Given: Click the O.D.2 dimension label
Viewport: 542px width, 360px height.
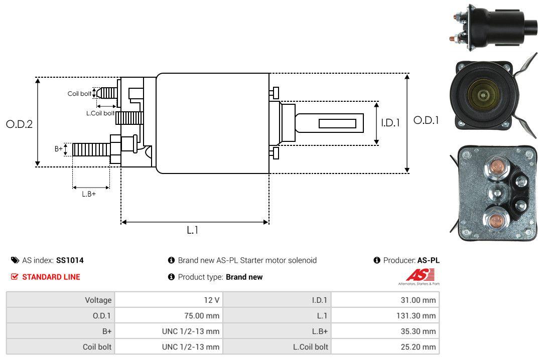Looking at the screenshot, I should (19, 124).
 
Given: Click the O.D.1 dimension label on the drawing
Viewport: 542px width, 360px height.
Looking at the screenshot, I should (426, 120).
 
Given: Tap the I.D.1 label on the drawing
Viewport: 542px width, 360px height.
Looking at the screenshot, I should (390, 122).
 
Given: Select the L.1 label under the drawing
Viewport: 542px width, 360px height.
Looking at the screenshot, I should (193, 230).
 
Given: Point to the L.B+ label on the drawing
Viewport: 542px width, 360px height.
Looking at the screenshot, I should (89, 194).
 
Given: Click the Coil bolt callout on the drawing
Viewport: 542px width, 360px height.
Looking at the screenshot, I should (79, 94).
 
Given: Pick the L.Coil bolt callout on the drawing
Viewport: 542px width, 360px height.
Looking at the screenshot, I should (101, 113).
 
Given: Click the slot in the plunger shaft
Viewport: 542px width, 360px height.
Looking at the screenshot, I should (337, 123).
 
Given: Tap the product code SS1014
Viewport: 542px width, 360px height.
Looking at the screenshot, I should (70, 260).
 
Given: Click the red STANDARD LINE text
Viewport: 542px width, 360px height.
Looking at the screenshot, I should (51, 277).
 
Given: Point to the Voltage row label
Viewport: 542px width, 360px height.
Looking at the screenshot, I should (98, 300).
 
